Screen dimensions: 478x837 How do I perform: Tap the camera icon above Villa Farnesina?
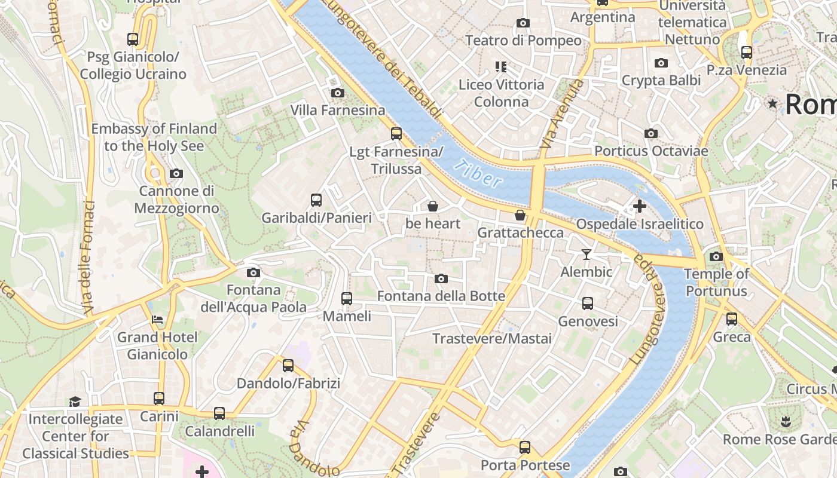[338, 93]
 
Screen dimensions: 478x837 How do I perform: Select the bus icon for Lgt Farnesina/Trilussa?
[396, 134]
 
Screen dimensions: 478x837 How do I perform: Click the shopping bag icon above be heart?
[432, 207]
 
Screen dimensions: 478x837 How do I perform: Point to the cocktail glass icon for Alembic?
[586, 255]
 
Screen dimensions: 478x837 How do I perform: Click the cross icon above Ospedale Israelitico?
[639, 207]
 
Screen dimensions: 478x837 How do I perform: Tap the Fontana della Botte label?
[441, 296]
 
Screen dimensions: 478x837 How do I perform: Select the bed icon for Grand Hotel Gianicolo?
[157, 320]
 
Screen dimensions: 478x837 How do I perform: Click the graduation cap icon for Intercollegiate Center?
[75, 401]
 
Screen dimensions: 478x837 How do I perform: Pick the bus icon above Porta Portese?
[524, 447]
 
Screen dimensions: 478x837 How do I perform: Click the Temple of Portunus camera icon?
[716, 257]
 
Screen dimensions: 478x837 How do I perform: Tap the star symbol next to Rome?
[772, 104]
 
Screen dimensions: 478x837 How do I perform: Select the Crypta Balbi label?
[661, 80]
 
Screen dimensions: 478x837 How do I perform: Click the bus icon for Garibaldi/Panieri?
[316, 200]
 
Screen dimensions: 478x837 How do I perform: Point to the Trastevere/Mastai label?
[491, 339]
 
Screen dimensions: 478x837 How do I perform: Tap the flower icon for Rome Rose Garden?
[785, 422]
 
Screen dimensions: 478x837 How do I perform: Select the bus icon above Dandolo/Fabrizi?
[288, 366]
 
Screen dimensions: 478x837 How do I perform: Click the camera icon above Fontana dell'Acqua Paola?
[253, 273]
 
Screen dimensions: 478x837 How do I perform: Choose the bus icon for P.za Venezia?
[746, 53]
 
